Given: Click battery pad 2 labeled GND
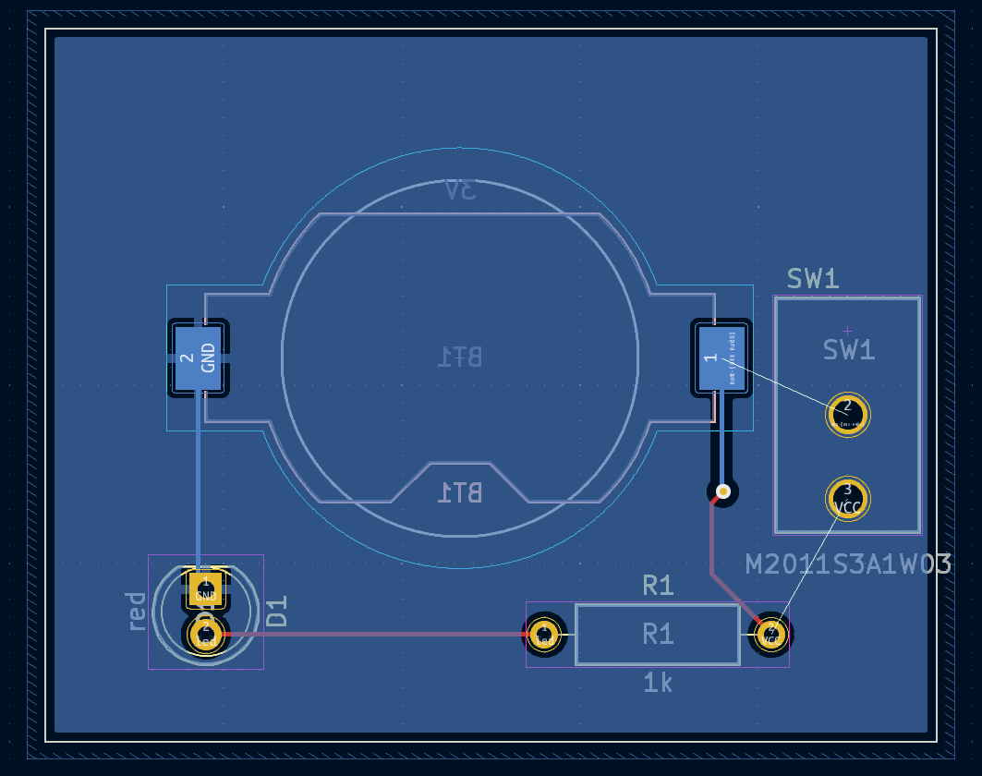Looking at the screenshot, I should (x=198, y=358).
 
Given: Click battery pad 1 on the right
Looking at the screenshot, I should (x=721, y=358).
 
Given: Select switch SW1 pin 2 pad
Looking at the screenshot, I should (x=847, y=415).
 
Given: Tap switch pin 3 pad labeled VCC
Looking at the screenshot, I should (x=847, y=499).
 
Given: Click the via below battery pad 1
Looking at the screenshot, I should (x=723, y=491).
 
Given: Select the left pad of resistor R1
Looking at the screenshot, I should (x=545, y=635).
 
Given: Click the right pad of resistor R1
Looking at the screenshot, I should (x=770, y=634).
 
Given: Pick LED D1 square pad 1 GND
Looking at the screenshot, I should (x=205, y=588).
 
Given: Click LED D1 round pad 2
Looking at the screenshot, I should (x=205, y=635).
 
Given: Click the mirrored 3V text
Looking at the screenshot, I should (x=460, y=190).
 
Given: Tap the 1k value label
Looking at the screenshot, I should (x=658, y=684).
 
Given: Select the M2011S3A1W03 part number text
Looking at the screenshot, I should (x=848, y=564).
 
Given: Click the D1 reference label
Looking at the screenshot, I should (x=277, y=611).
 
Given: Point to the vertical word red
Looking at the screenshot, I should (x=136, y=611).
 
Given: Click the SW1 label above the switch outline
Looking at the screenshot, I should (x=813, y=279).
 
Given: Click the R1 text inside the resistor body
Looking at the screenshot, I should (x=658, y=634).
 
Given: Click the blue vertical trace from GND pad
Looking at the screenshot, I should (x=198, y=480).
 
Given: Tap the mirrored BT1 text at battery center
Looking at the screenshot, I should (x=460, y=357).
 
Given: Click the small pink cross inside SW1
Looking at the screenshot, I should (x=848, y=331).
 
